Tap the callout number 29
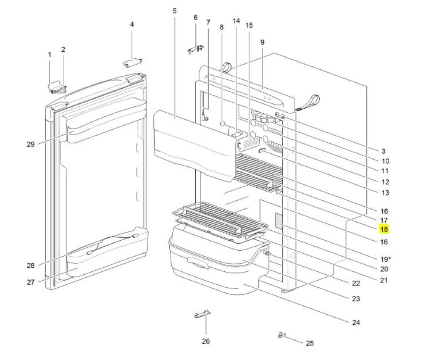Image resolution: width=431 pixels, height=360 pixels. coord(30,144)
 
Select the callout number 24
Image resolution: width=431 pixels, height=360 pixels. coord(356,322)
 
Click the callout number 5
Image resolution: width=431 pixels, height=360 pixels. coord(175,11)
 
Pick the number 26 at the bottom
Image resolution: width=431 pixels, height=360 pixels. coord(206,341)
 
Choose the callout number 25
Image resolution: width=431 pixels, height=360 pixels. coord(309,343)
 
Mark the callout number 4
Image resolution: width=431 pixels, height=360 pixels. coord(132,25)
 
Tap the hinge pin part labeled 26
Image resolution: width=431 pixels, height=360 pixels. coord(202,316)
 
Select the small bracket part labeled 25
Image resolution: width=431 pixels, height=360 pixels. coord(282,334)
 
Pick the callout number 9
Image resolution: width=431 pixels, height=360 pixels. coord(262,42)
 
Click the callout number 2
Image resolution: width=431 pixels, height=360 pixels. coord(63,50)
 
